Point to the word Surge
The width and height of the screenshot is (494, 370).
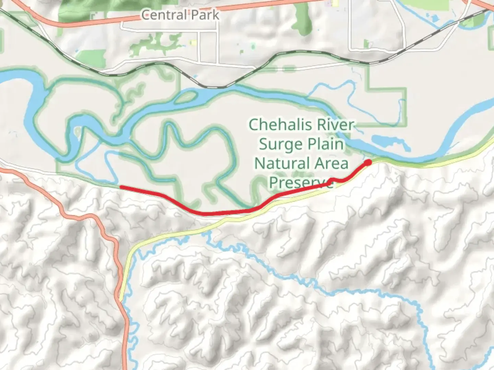tap(280, 144)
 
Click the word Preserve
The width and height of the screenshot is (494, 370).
tap(301, 183)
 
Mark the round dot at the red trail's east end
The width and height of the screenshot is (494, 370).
tap(368, 162)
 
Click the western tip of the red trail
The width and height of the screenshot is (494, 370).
tap(121, 187)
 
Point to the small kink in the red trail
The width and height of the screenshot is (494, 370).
tap(331, 180)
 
